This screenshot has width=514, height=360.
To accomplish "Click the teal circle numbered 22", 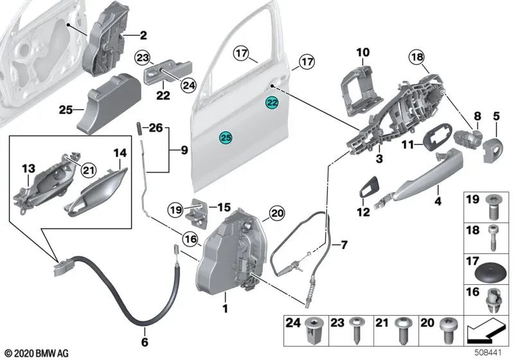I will (x=272, y=102).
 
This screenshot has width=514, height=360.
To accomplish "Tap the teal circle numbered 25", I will (x=226, y=136).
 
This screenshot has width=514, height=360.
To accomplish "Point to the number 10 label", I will (x=363, y=51).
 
